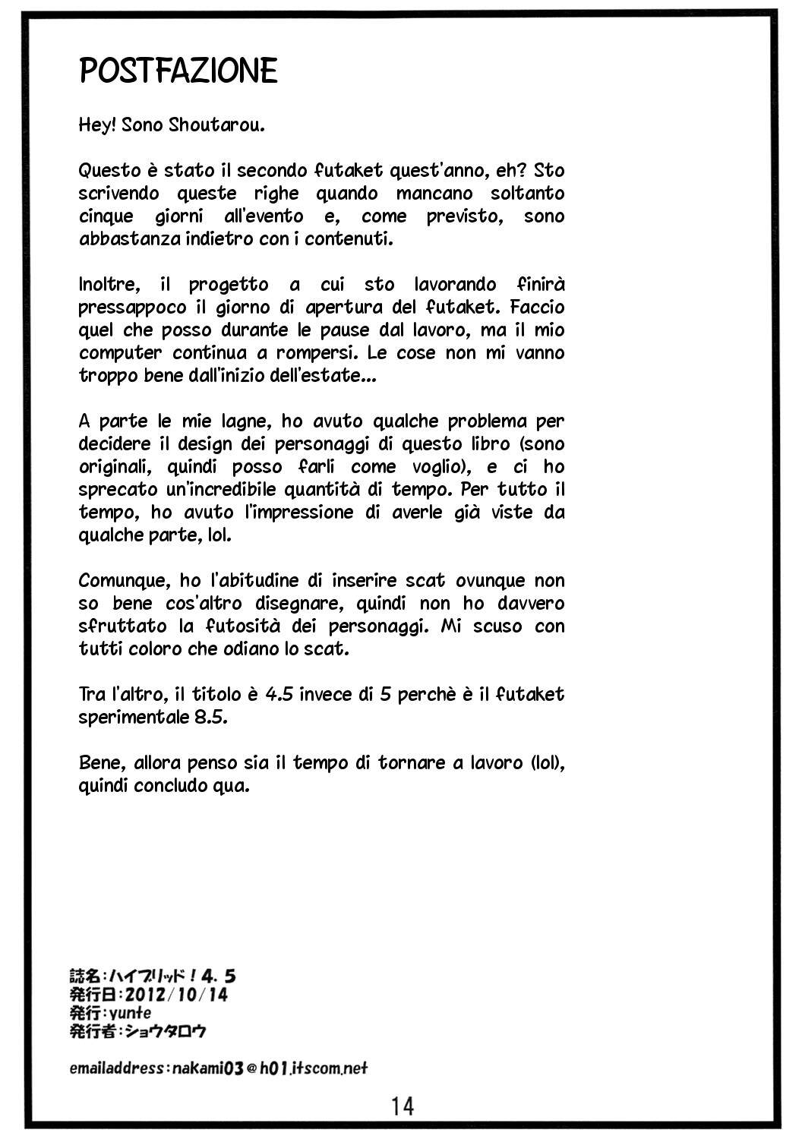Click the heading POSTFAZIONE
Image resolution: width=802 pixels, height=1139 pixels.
pos(178,71)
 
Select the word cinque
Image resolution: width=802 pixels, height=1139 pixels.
pos(106,216)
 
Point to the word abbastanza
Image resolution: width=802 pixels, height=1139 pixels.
pos(121,239)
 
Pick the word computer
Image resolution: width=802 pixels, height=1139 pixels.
pos(120,353)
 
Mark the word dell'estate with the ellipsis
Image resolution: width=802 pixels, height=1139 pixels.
pos(332,376)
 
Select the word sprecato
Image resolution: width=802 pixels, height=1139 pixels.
pos(114,490)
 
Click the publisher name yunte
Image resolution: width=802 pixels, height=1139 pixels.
pos(129,1012)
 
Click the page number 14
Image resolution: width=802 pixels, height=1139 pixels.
pos(403,1106)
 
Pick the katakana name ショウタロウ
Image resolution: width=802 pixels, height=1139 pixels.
pos(168,1031)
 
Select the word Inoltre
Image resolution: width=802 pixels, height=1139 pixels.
pos(109,285)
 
